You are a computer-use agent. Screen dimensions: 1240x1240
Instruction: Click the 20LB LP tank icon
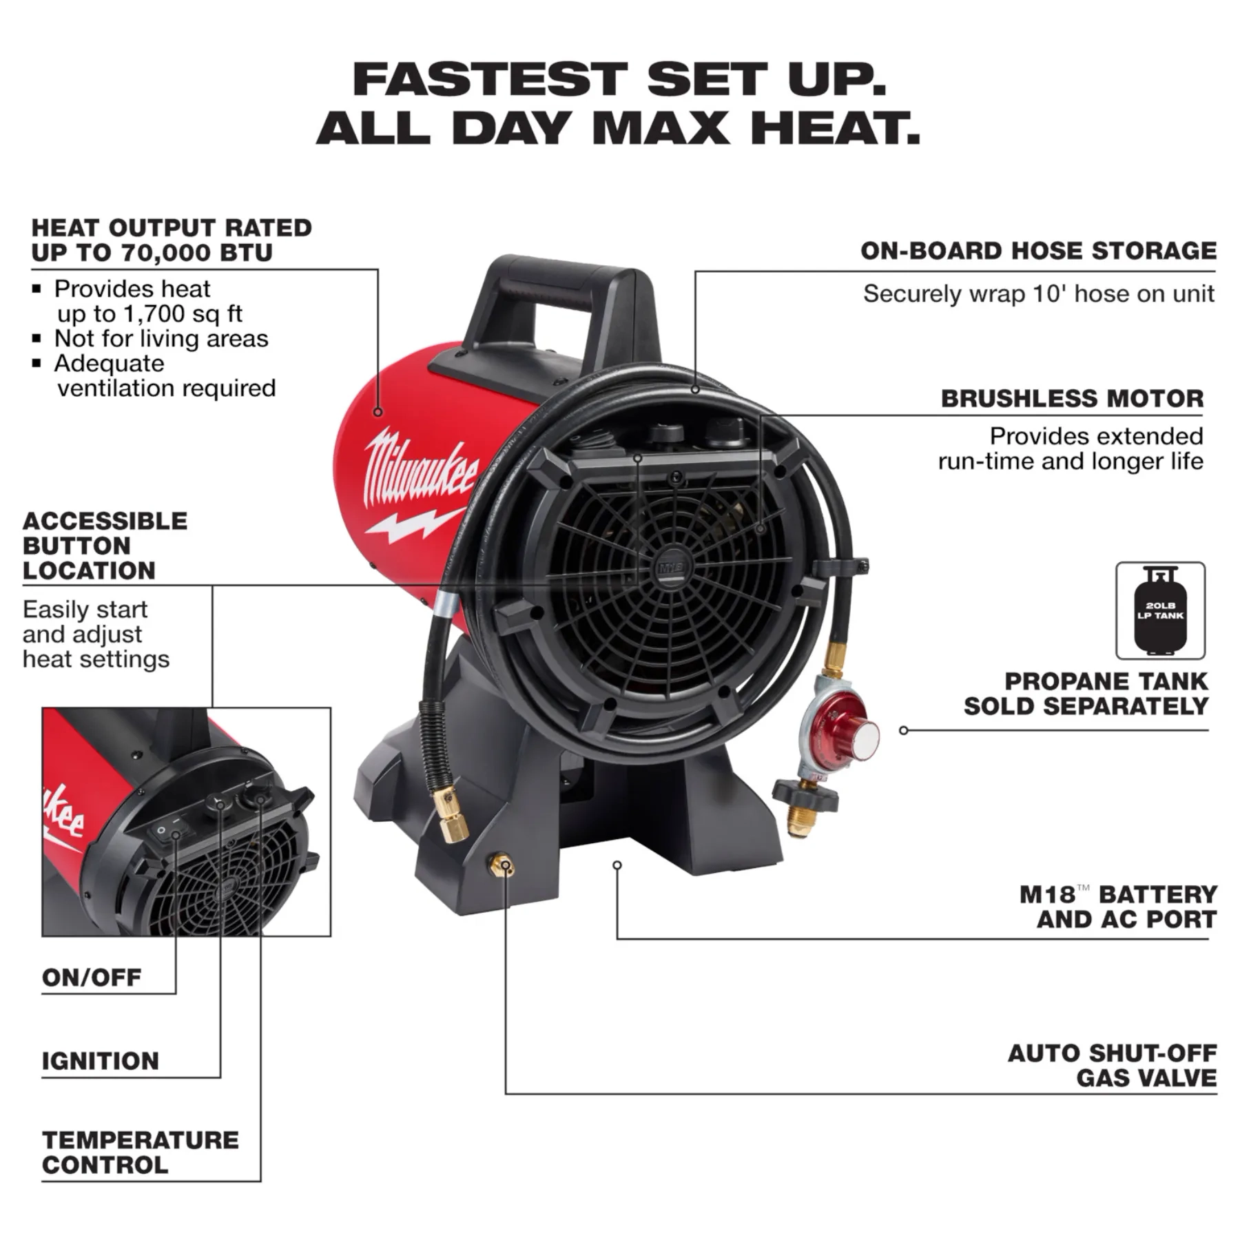point(1160,610)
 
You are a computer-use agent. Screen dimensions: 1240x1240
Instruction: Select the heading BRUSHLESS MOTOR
point(1072,398)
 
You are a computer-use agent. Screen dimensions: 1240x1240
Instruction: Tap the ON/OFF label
point(92,977)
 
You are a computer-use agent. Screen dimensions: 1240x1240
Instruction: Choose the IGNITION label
point(101,1060)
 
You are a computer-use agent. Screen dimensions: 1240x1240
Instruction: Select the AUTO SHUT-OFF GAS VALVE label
point(1112,1065)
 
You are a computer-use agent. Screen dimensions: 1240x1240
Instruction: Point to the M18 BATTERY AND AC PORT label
point(1118,907)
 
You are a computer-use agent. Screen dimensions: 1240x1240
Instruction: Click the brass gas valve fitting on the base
point(500,865)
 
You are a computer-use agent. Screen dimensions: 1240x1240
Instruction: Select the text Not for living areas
point(161,338)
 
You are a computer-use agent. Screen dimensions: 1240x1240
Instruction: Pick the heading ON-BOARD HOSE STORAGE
point(1038,250)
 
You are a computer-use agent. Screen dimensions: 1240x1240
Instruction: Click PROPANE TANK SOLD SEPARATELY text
point(1086,693)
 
